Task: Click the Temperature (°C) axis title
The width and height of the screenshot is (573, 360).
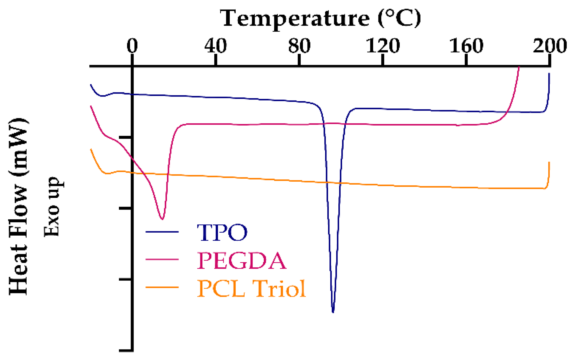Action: [x=320, y=18]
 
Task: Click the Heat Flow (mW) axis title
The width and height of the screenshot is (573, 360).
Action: [x=18, y=207]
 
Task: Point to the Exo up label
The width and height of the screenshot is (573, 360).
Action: [x=52, y=207]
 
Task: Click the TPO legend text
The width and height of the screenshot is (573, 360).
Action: [x=222, y=233]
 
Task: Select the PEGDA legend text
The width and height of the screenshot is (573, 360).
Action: [x=241, y=261]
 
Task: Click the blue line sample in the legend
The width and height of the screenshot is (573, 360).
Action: [x=162, y=232]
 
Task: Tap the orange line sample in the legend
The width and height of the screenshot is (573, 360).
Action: [x=162, y=287]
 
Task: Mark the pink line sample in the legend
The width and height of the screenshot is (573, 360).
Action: [x=162, y=259]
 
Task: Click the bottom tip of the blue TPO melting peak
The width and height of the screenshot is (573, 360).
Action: [x=333, y=312]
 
